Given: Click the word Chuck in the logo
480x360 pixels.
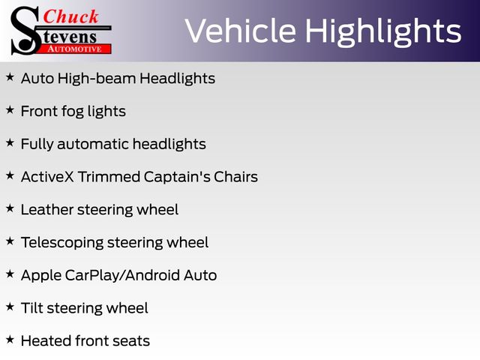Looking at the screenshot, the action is (x=70, y=16).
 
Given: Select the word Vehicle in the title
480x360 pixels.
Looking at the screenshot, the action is (x=241, y=31).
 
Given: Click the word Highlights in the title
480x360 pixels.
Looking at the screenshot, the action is (x=383, y=32).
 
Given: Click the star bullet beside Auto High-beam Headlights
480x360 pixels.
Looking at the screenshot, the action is (x=10, y=77).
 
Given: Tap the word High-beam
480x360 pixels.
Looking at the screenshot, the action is (x=97, y=78).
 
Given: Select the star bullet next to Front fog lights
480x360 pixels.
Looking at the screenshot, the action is (x=10, y=110).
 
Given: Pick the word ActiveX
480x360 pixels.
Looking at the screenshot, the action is (x=47, y=177).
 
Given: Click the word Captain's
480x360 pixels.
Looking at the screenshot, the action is (x=177, y=177).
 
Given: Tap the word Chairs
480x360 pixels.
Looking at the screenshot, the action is (x=235, y=177).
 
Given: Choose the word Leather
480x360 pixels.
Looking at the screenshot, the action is (x=47, y=210).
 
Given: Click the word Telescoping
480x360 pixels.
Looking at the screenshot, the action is (x=62, y=243).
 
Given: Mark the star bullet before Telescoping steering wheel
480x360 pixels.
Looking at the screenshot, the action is (x=10, y=241).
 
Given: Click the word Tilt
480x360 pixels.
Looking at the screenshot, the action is (x=32, y=308).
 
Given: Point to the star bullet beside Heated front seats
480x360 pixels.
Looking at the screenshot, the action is (x=10, y=340).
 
